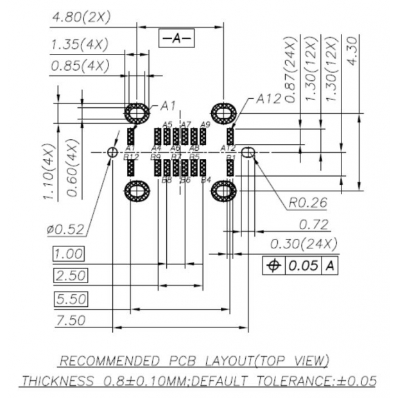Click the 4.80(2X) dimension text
[80, 18]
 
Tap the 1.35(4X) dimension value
[79, 45]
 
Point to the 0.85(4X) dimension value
[79, 65]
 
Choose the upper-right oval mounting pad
[223, 113]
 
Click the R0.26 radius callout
[307, 203]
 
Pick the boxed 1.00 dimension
[68, 253]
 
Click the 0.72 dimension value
[314, 225]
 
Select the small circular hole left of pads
[112, 152]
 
